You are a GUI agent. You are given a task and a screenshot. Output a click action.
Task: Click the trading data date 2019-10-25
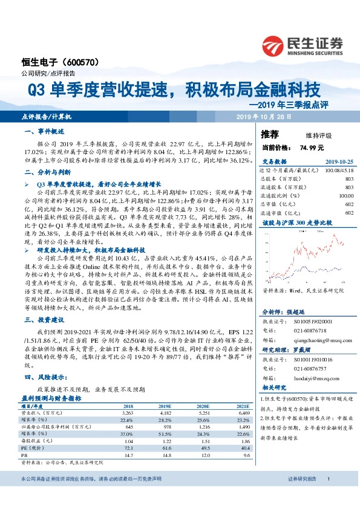tap(338, 162)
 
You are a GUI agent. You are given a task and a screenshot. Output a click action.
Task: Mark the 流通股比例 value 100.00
tap(345, 195)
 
